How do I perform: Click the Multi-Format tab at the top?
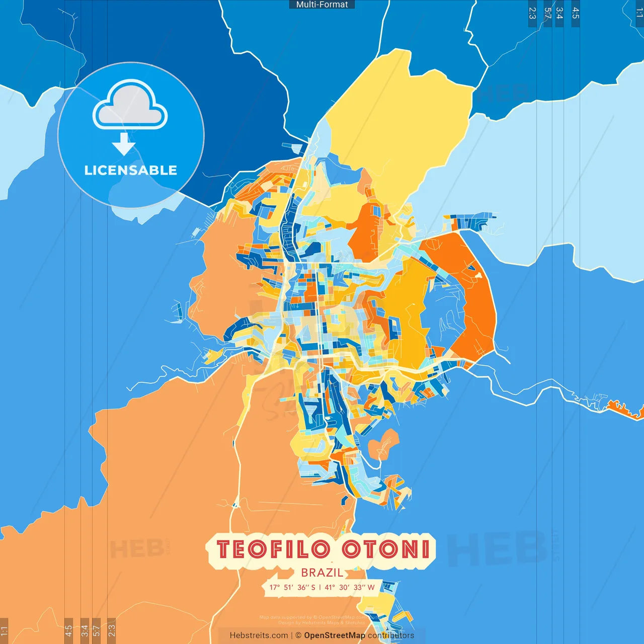tap(322, 5)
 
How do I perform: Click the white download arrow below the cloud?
tap(124, 144)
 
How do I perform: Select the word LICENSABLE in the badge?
tap(130, 170)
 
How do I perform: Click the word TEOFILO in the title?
tap(273, 549)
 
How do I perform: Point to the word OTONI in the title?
tap(386, 549)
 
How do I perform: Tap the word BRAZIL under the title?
tap(322, 573)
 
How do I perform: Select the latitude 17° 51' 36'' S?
tap(292, 587)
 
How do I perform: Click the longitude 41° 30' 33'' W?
tap(350, 587)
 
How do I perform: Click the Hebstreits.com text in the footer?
tap(259, 635)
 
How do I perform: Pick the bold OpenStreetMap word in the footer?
tap(335, 635)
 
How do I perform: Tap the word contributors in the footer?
tap(391, 635)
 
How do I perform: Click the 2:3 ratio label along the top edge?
tap(532, 13)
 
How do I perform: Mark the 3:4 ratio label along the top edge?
tap(559, 13)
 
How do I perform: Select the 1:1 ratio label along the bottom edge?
tap(4, 630)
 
